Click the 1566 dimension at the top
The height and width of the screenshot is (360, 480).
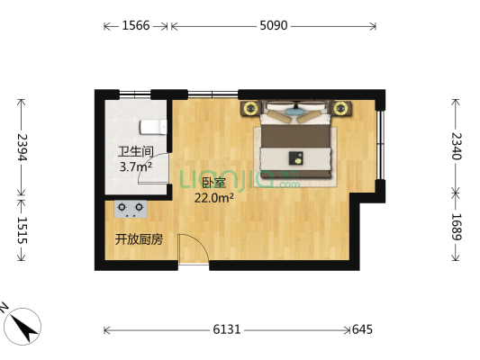(x=135, y=26)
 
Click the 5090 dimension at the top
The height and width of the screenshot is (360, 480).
(x=273, y=26)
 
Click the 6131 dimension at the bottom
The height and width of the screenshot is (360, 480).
(x=226, y=330)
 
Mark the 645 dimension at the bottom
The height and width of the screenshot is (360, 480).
(x=361, y=330)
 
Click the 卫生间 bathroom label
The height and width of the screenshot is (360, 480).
(x=135, y=152)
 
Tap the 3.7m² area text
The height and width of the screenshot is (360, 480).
(x=135, y=166)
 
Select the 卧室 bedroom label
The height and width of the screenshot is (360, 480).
(x=213, y=184)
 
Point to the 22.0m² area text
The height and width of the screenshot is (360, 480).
(x=214, y=198)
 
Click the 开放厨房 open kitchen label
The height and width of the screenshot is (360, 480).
(x=138, y=239)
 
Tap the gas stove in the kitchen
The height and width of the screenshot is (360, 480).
(x=131, y=209)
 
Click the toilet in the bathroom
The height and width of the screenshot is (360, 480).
(x=153, y=127)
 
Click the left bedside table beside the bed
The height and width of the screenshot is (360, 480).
(x=249, y=110)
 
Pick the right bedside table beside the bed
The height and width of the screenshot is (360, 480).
(x=341, y=110)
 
